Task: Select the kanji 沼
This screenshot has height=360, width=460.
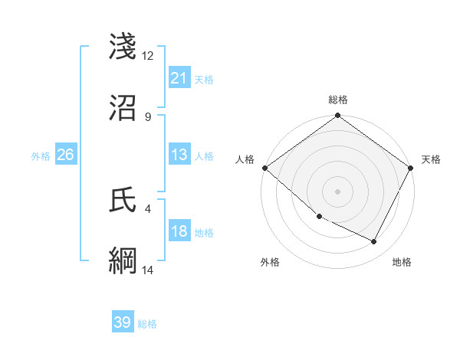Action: (x=124, y=109)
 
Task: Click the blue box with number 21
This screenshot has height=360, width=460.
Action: (x=179, y=78)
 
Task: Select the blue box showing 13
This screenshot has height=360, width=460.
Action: (x=179, y=155)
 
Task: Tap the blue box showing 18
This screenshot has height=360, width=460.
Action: (x=179, y=232)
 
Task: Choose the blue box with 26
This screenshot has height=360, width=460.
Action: (x=65, y=155)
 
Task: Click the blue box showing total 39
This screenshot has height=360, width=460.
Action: (x=122, y=322)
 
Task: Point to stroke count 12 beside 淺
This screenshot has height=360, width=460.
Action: (x=148, y=55)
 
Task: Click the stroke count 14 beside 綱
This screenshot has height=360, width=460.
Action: (x=148, y=270)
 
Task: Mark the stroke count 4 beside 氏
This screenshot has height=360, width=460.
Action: (x=147, y=208)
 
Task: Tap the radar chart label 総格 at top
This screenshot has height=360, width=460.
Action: (x=337, y=100)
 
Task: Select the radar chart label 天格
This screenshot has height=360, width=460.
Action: (x=431, y=159)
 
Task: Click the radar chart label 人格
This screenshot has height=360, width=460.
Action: (x=245, y=159)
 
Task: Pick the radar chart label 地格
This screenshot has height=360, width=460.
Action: (x=402, y=262)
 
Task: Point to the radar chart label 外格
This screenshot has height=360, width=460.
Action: (x=270, y=262)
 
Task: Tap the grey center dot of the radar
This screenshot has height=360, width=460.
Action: (x=337, y=191)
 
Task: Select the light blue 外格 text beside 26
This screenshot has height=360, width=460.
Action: (x=41, y=155)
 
